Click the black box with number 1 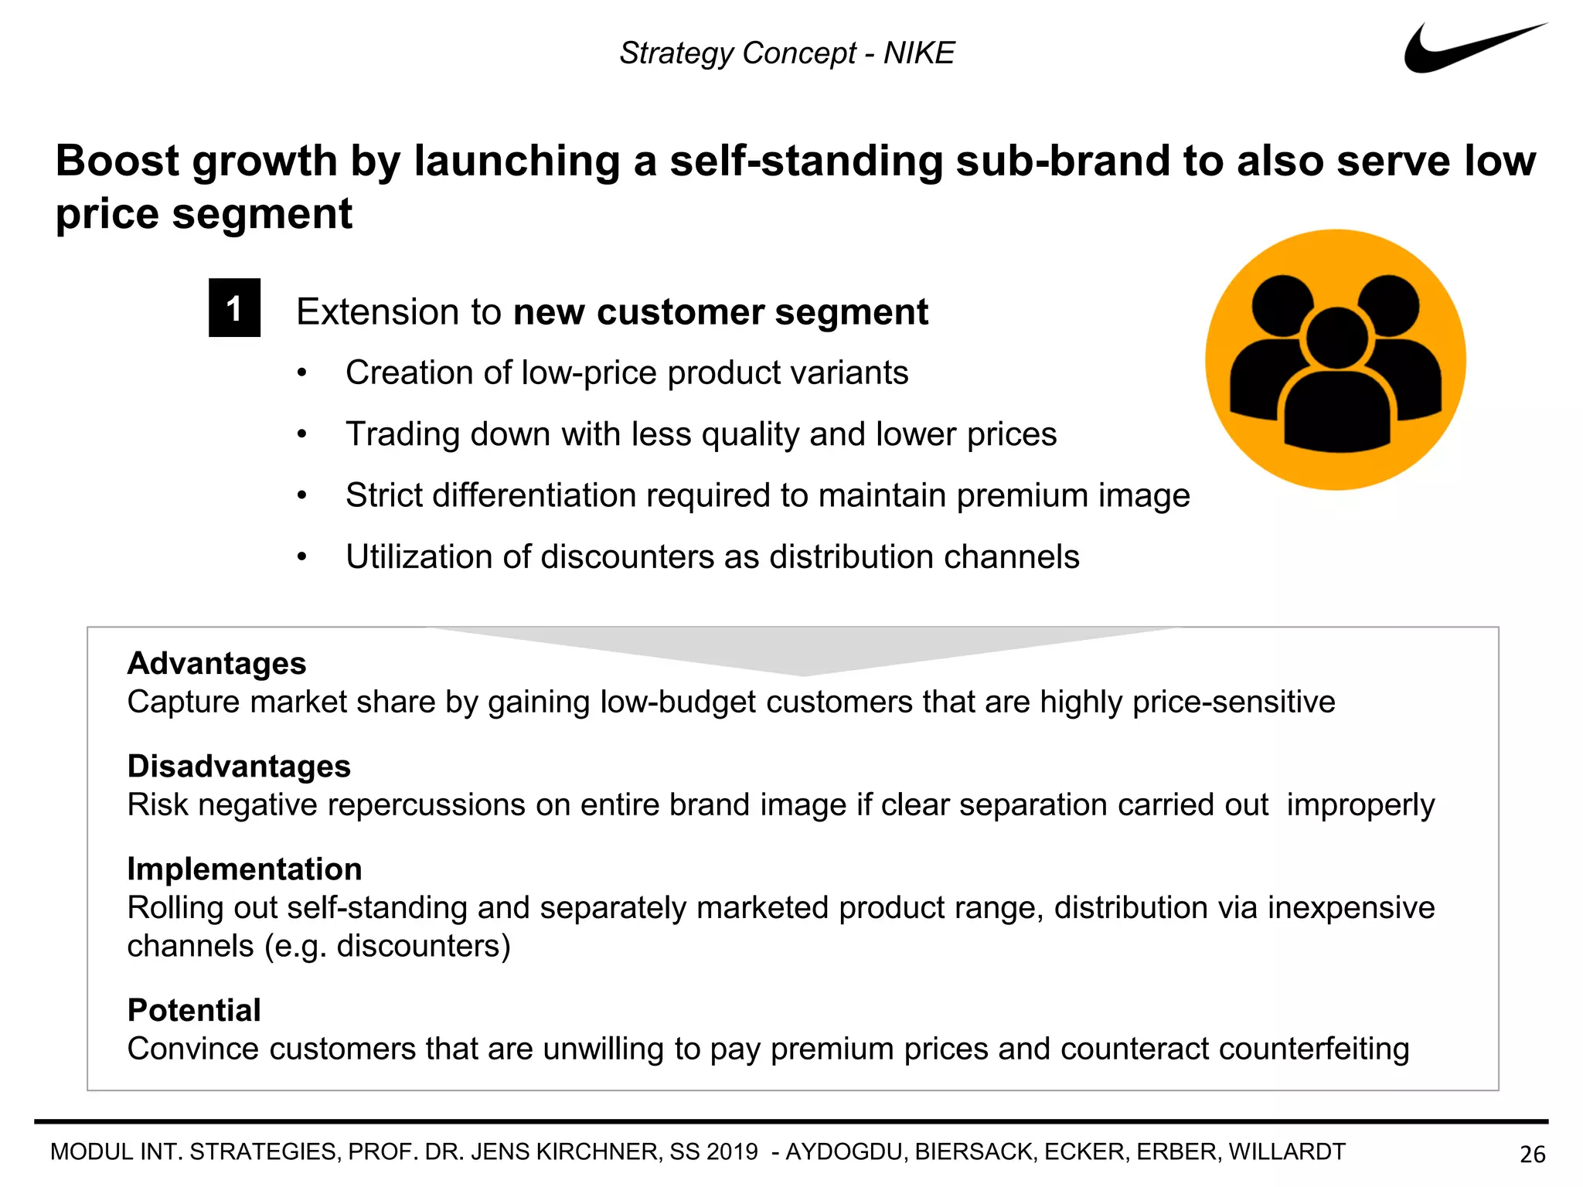point(234,308)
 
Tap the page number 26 point(1532,1154)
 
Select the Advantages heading point(216,663)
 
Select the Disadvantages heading point(239,766)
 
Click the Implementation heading point(244,869)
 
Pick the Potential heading point(194,1010)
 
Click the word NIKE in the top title point(919,53)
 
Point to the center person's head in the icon point(1336,338)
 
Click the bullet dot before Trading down point(302,434)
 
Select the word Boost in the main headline point(117,162)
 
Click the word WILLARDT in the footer point(1287,1151)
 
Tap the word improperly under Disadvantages point(1360,805)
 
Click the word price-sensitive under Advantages point(1234,702)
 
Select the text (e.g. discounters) point(387,946)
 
